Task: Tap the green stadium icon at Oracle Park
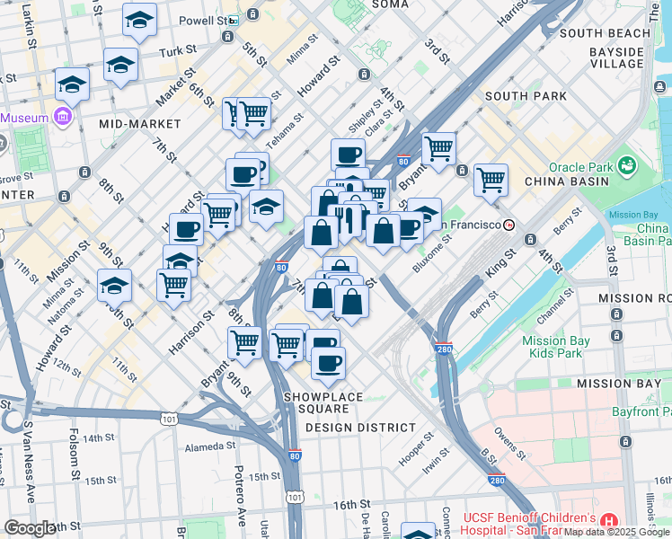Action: tap(625, 166)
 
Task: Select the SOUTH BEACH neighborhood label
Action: tap(604, 33)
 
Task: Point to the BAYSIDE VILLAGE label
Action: tap(616, 58)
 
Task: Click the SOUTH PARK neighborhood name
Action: tap(526, 96)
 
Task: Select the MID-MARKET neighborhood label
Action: tap(135, 124)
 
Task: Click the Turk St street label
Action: tap(177, 53)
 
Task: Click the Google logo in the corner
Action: tap(29, 528)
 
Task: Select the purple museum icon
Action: tap(62, 117)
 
